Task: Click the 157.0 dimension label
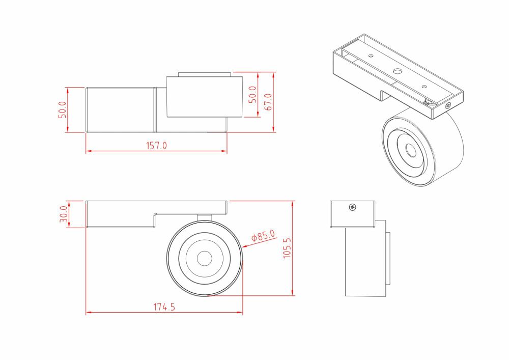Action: pyautogui.click(x=157, y=146)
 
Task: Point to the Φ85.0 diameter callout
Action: pyautogui.click(x=263, y=237)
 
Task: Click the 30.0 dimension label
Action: pyautogui.click(x=64, y=214)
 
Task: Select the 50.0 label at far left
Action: pyautogui.click(x=62, y=109)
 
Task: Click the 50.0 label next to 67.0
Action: pyautogui.click(x=252, y=95)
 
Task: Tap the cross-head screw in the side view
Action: pyautogui.click(x=352, y=207)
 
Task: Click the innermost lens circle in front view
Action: pyautogui.click(x=204, y=258)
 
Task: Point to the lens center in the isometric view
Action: pyautogui.click(x=410, y=150)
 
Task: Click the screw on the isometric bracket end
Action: pyautogui.click(x=448, y=105)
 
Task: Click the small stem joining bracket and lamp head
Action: pyautogui.click(x=204, y=218)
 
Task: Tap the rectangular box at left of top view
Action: pyautogui.click(x=120, y=109)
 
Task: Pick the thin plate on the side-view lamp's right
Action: pyautogui.click(x=389, y=258)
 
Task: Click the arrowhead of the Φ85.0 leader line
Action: pyautogui.click(x=244, y=247)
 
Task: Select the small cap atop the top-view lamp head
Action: pyautogui.click(x=204, y=74)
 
